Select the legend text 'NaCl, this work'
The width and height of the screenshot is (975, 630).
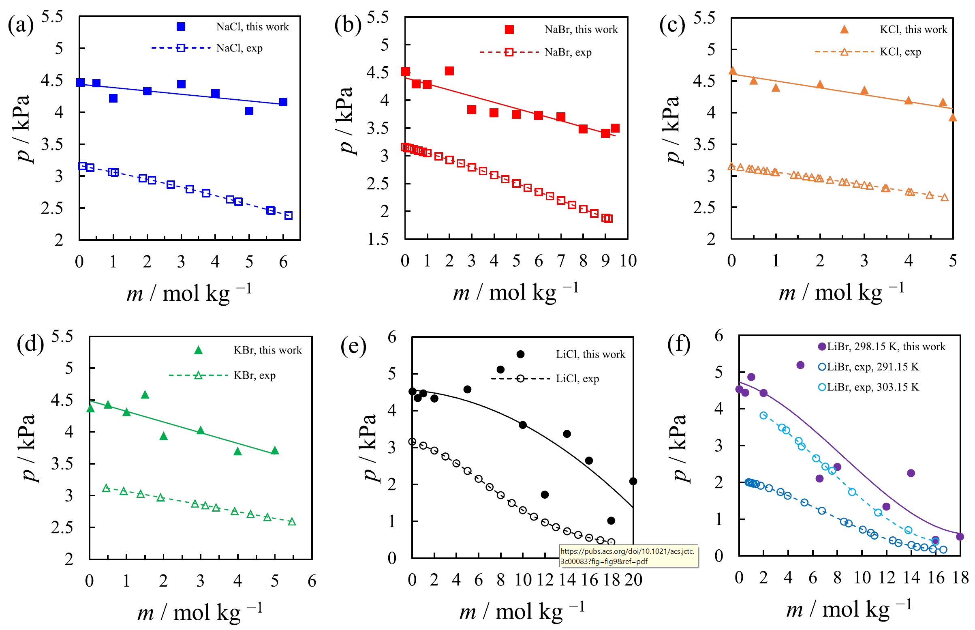coord(252,27)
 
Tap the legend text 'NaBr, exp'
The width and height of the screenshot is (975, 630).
coord(567,52)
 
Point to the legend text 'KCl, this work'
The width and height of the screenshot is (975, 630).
coord(913,30)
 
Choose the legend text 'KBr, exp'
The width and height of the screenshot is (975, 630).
coord(254,375)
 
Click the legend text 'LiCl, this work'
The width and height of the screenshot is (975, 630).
coord(590,354)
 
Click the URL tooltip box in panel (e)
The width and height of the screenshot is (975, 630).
coord(628,556)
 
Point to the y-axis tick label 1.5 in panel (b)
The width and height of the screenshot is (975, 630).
coord(378,239)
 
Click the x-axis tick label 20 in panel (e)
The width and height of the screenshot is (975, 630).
coord(633,580)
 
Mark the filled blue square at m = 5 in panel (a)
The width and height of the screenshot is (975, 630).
coord(249,111)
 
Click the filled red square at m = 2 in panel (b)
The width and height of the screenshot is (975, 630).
coord(449,71)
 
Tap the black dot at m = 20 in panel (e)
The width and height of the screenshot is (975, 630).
coord(633,482)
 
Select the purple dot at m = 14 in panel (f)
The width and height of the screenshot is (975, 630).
coord(911,474)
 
